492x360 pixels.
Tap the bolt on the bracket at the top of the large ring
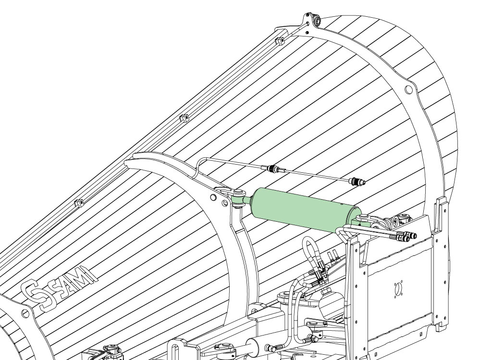click(x=316, y=21)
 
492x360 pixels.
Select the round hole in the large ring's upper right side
click(x=408, y=90)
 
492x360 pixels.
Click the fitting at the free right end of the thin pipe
click(x=358, y=181)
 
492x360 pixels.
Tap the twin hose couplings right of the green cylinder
click(x=405, y=236)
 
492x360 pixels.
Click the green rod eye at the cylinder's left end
click(x=238, y=199)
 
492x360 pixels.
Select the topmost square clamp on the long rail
click(x=280, y=40)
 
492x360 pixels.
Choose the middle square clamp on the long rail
click(x=184, y=118)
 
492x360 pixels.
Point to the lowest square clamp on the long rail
click(x=79, y=203)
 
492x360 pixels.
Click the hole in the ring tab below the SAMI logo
click(x=25, y=313)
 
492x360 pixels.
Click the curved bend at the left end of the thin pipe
click(x=200, y=163)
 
